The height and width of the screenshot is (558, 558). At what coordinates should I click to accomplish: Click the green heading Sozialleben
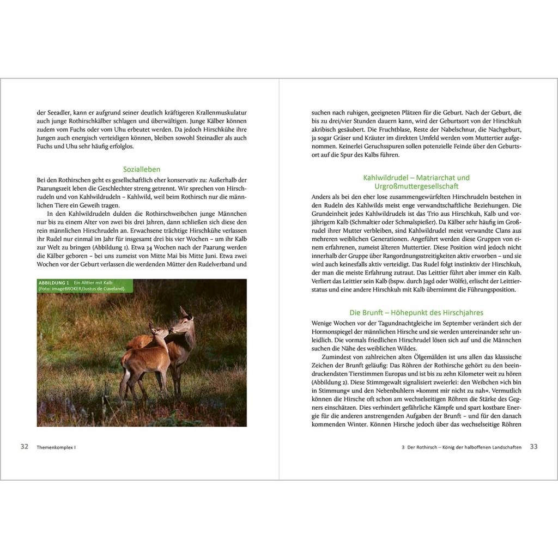141,169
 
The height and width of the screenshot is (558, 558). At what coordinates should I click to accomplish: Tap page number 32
25,446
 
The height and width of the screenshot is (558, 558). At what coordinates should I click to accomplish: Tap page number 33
533,446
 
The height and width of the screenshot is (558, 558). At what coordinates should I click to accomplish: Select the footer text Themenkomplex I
56,447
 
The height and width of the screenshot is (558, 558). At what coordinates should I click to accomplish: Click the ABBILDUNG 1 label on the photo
53,283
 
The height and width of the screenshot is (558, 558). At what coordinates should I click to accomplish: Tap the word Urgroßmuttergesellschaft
416,186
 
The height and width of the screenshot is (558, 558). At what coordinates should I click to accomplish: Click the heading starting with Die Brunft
416,313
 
